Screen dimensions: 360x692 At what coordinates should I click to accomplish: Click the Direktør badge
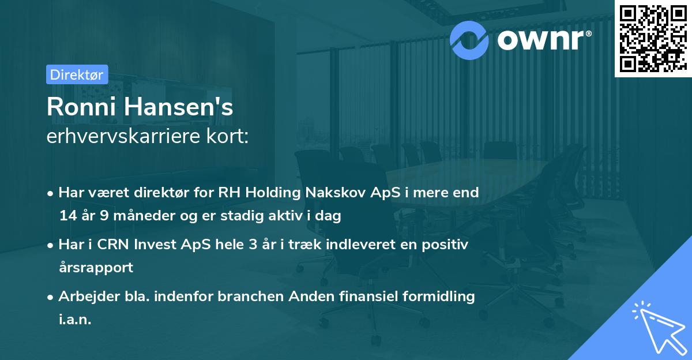coord(77,74)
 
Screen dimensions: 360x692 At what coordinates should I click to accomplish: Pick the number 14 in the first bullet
coord(67,216)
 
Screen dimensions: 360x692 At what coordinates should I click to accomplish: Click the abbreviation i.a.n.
coord(76,320)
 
